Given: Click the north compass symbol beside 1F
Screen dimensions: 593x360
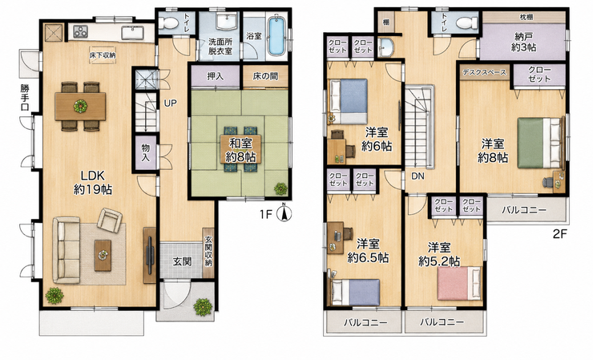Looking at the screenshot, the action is (284, 213).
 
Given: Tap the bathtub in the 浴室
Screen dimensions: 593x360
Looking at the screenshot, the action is (276, 35).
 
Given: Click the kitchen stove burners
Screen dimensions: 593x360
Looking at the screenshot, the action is (81, 31).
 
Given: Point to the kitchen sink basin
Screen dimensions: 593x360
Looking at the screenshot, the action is (133, 33).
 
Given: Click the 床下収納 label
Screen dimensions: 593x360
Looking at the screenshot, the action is (103, 55).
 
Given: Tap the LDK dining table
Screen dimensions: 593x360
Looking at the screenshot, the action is (80, 107).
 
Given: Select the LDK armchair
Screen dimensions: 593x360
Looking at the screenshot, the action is (109, 220).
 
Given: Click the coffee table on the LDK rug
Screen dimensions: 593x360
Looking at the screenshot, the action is (103, 255).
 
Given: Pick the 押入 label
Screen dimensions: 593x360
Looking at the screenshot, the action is (216, 76).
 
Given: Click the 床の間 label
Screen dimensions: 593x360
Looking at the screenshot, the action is (265, 76).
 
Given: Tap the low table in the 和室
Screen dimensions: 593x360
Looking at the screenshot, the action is (240, 149).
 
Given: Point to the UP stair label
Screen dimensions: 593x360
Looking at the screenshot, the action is (171, 103).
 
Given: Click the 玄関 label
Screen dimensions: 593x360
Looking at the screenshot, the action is (182, 261).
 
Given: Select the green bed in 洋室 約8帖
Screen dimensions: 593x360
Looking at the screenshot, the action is (539, 143).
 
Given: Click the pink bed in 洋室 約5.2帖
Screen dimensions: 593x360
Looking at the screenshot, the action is (459, 284).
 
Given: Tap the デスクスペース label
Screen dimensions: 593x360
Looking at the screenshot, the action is (485, 72).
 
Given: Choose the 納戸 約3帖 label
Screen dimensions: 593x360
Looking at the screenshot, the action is (524, 42).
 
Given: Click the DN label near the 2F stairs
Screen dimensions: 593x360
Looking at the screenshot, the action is (418, 176).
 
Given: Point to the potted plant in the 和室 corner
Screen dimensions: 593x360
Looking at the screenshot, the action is (280, 188).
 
